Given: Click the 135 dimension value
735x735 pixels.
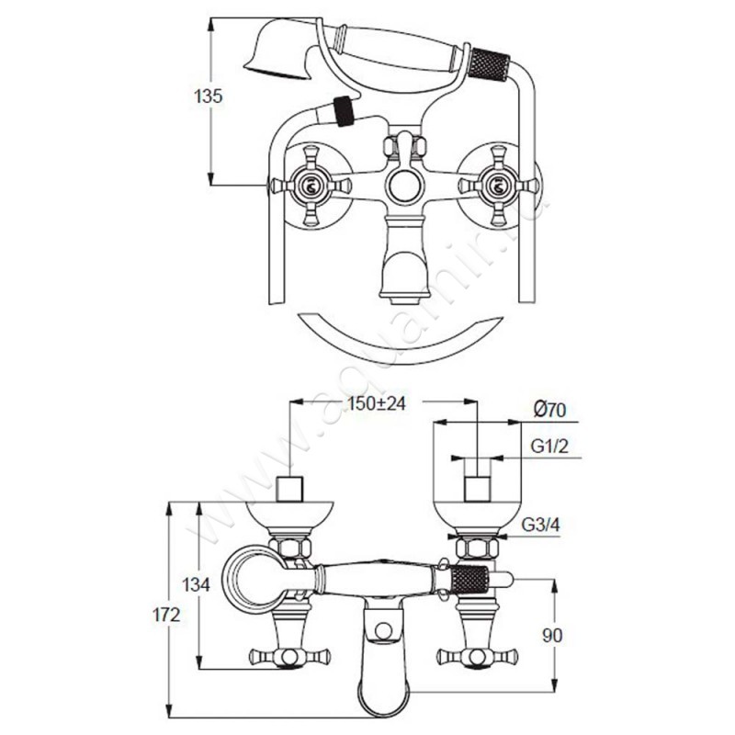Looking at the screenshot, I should (209, 96).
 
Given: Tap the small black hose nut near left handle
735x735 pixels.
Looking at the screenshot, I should (344, 112).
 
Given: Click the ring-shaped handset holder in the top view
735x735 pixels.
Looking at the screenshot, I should (255, 581).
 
